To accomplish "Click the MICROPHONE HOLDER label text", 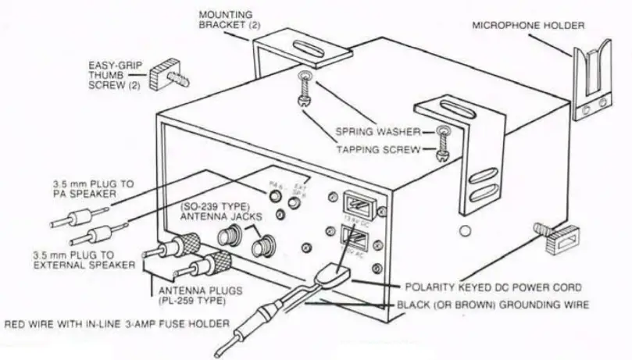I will [528, 26].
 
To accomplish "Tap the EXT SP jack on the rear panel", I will [295, 203].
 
